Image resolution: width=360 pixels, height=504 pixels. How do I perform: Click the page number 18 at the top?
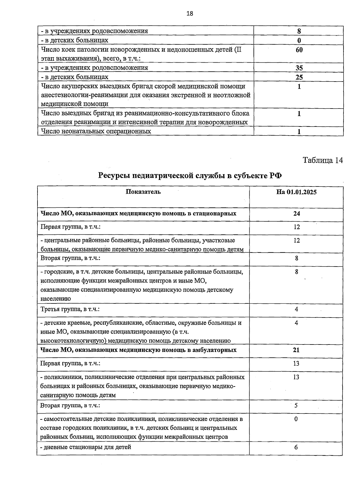click(x=190, y=13)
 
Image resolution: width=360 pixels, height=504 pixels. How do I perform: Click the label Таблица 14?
click(x=322, y=160)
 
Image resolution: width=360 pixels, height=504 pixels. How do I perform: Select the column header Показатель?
click(x=143, y=192)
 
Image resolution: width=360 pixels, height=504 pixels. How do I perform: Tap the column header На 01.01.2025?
click(x=296, y=192)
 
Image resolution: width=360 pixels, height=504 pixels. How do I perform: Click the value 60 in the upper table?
click(x=299, y=50)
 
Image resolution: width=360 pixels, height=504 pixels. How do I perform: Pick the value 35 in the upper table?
click(x=299, y=68)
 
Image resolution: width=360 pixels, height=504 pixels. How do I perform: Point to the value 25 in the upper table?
click(x=299, y=77)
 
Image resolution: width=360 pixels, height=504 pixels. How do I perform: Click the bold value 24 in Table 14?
click(x=296, y=213)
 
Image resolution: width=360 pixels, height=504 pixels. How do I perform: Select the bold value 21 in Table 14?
click(x=296, y=350)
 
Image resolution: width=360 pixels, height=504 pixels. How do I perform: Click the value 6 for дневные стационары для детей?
click(x=296, y=447)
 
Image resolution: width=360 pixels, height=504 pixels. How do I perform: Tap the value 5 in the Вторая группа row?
click(x=296, y=406)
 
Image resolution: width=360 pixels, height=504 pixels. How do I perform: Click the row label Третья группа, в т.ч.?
click(x=70, y=309)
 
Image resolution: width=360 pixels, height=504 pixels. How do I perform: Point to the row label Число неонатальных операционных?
click(x=96, y=131)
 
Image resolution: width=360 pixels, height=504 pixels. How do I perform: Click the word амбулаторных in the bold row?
click(x=217, y=350)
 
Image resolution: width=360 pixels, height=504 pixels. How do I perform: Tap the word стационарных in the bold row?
click(x=217, y=213)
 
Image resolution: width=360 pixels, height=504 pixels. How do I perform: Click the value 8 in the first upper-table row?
click(x=299, y=31)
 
